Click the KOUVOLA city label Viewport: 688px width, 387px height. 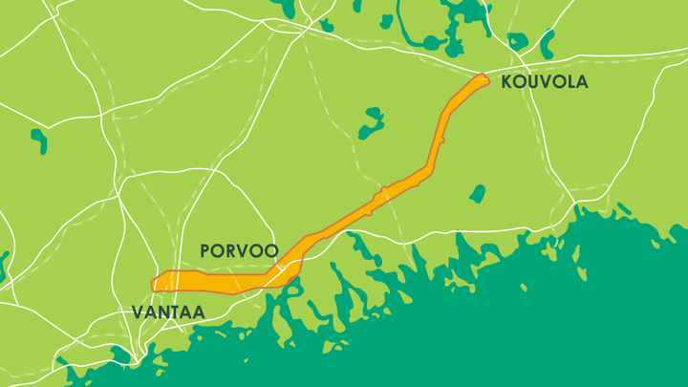545,82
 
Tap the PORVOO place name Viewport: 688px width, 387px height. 239,251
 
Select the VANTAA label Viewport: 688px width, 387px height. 168,312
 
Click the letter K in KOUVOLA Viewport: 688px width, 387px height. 507,82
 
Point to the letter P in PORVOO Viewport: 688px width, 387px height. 205,251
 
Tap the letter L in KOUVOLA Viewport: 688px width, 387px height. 568,82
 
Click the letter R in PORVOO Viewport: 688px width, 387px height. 233,251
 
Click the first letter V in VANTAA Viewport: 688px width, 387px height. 137,312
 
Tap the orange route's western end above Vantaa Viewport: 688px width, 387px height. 157,283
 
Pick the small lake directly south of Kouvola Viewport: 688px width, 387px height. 478,193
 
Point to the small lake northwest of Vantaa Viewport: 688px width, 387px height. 39,140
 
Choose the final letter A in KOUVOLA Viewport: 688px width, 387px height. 581,82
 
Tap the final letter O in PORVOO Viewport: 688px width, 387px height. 271,251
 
